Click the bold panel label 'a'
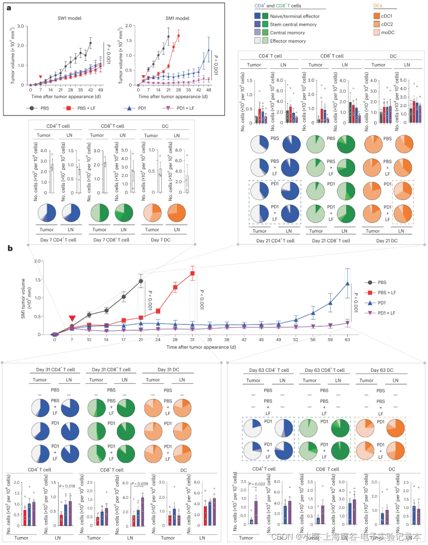pos(9,8)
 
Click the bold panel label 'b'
pos(10,249)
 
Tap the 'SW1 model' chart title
pos(69,18)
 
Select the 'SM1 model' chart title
pos(177,18)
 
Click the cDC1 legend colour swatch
pos(376,16)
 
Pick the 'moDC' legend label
pos(388,32)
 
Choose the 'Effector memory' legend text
pos(288,41)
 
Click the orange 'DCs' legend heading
pos(378,6)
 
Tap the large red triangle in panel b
pos(72,319)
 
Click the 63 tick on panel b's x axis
pos(347,340)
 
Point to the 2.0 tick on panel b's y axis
pos(37,261)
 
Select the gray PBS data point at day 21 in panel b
pos(141,281)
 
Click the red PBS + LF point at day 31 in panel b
pos(192,274)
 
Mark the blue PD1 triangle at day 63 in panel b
pos(348,283)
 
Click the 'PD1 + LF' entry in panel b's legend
pos(387,313)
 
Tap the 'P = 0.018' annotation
pos(67,486)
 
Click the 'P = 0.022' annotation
pos(257,484)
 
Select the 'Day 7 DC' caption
pos(161,240)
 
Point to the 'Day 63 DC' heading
pos(382,370)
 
